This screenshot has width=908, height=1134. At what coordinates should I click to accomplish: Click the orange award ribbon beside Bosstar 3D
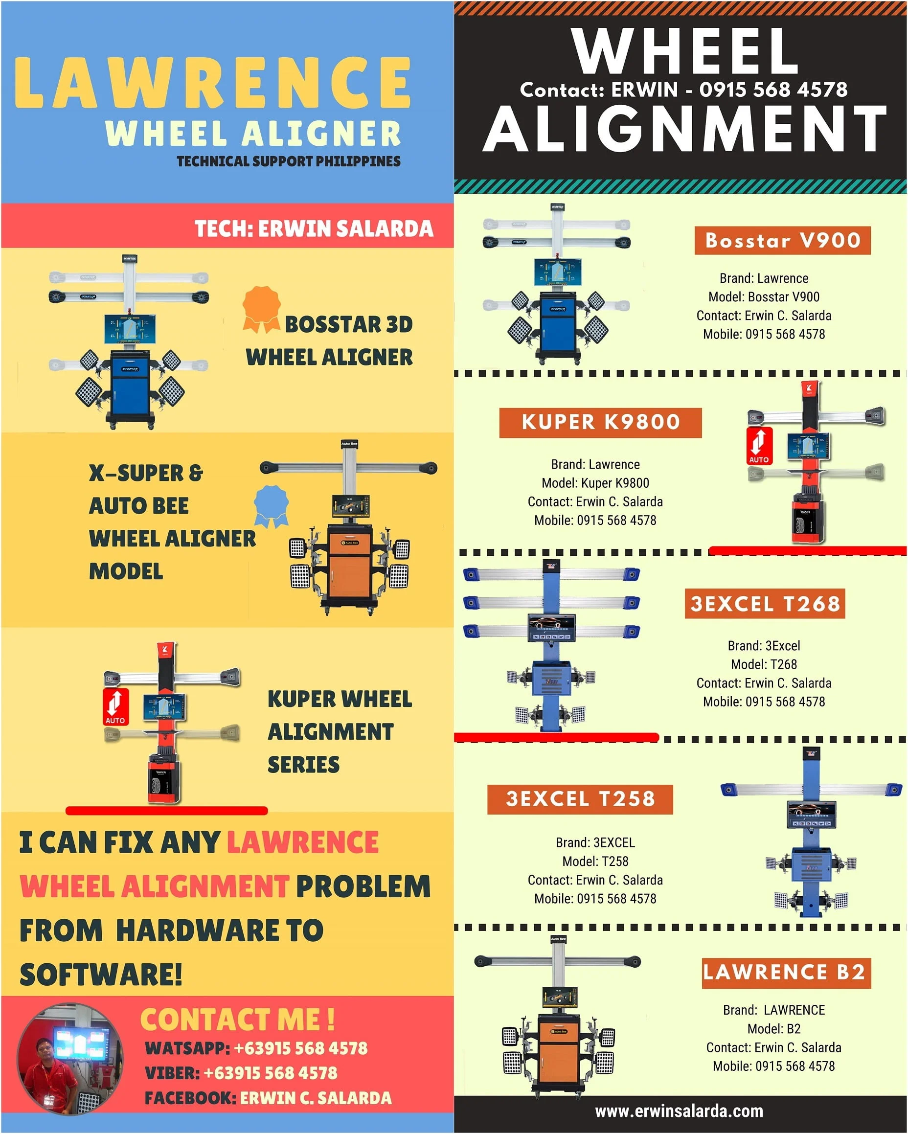click(261, 309)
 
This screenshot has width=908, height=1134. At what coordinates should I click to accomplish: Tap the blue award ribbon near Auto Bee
click(272, 505)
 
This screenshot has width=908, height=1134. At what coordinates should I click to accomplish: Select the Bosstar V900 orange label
click(782, 240)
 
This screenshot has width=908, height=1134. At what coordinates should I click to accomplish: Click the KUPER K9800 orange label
click(600, 422)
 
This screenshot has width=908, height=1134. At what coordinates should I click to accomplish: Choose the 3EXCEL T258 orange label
click(580, 799)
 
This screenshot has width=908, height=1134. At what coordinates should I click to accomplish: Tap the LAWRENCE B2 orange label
click(786, 972)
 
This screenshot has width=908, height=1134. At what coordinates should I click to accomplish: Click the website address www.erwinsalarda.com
click(679, 1111)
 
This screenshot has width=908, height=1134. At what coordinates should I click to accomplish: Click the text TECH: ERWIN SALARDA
click(314, 229)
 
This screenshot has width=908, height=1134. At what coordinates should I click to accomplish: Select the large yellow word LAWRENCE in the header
click(212, 83)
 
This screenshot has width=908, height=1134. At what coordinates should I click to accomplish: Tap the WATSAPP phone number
click(300, 1048)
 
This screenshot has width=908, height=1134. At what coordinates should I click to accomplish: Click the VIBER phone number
click(270, 1073)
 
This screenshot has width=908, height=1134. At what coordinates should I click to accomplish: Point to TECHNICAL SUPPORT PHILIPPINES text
click(288, 161)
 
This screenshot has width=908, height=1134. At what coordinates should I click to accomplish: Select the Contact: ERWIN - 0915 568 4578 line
click(683, 90)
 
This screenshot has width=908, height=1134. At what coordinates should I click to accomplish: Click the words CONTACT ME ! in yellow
click(237, 1020)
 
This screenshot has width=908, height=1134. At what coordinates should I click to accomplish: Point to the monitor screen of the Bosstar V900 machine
click(558, 272)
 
